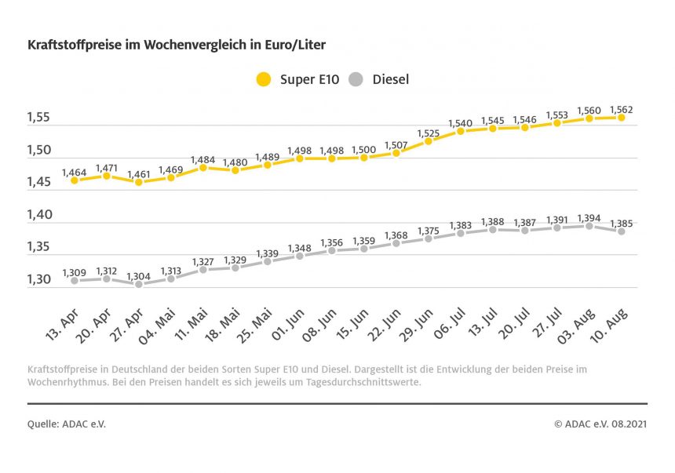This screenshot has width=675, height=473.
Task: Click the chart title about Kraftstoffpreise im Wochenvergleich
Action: coord(176,45)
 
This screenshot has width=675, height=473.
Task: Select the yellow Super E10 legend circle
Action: coord(264,79)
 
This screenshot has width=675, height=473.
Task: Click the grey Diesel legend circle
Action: coord(356,79)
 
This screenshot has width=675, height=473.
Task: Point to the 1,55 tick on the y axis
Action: coord(39,118)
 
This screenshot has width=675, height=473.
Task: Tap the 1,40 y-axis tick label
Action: coord(39,215)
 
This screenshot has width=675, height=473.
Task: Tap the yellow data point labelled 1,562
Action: coord(621,118)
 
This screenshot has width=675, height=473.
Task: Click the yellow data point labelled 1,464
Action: coord(75,180)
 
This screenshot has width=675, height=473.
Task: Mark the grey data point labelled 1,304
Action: coord(139,284)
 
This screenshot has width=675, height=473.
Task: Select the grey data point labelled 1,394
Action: coord(589,226)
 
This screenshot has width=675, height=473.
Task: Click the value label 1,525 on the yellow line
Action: coord(428,133)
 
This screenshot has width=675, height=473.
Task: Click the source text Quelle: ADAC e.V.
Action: coord(67,424)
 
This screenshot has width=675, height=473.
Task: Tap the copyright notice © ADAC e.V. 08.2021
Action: coord(600,424)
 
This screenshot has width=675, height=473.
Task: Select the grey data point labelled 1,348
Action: coord(299,256)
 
